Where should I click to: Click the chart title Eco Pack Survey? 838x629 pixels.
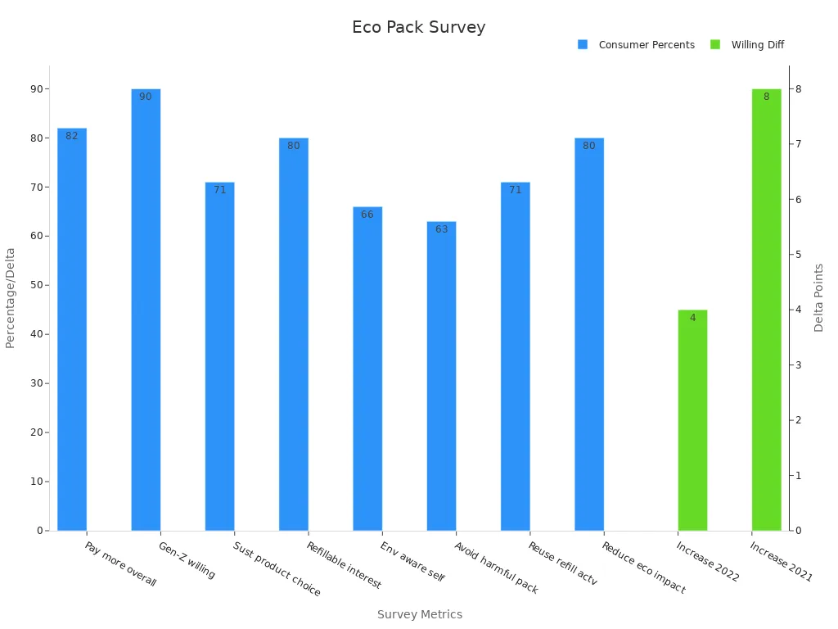418,27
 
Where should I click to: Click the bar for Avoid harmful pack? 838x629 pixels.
441,376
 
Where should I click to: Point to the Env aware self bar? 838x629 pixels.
367,369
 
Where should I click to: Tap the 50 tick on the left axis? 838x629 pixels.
37,285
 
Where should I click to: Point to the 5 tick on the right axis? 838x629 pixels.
798,255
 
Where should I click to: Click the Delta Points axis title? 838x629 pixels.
819,297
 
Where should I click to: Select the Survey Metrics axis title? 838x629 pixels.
419,614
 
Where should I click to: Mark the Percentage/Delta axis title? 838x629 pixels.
11,297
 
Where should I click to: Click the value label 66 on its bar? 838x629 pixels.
367,215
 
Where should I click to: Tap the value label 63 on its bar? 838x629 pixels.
441,229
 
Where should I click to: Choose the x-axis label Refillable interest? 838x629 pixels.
345,565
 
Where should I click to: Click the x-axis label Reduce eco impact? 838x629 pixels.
643,568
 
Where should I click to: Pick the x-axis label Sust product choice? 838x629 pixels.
277,569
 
